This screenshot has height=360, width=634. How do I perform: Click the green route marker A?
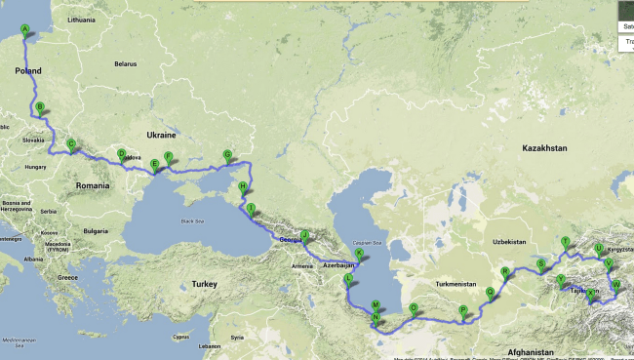[25, 29]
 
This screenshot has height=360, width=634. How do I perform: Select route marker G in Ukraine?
[227, 154]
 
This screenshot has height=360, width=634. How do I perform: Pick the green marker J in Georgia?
[303, 234]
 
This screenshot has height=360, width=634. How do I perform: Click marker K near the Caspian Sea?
[359, 254]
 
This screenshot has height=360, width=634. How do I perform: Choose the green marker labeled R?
[504, 272]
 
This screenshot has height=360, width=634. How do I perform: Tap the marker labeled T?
[565, 241]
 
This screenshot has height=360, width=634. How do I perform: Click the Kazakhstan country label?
[543, 149]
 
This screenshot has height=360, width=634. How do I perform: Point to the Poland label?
[28, 72]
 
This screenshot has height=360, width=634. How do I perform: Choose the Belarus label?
[125, 63]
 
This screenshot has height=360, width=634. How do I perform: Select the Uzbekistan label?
[508, 240]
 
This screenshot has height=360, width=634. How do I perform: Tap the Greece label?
[67, 277]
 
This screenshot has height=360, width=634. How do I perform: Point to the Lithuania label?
[82, 20]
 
